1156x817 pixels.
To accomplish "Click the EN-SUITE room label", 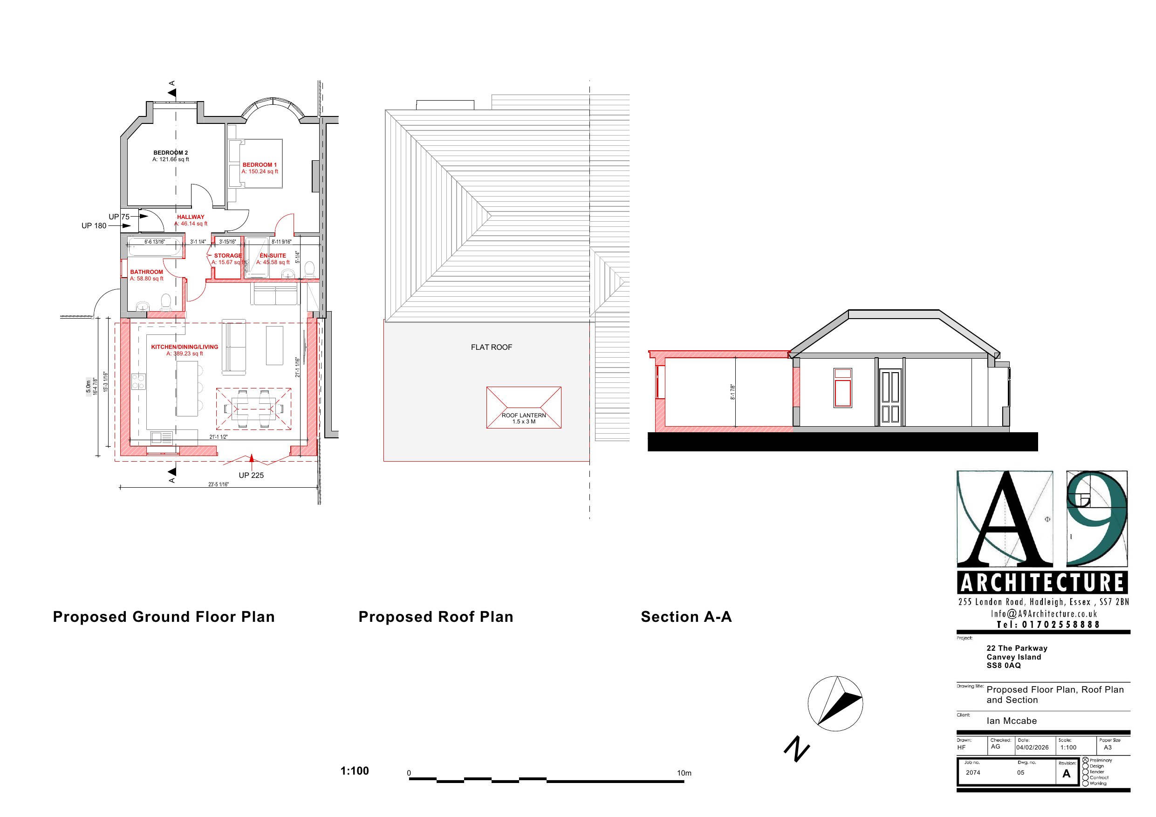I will [273, 256].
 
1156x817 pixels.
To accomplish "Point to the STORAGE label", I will [227, 256].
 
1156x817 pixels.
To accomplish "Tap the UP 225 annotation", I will [251, 476].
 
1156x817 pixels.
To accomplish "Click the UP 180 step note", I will [94, 226].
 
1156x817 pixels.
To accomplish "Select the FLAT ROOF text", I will [492, 347].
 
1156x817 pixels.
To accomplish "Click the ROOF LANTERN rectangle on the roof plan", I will [524, 408].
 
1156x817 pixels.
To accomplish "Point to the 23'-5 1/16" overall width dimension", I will [219, 485].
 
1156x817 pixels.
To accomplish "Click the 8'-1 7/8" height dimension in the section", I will [733, 393].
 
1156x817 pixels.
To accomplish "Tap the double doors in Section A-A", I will [890, 397].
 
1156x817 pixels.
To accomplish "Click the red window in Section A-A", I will [843, 388].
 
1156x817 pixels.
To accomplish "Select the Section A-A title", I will [686, 617].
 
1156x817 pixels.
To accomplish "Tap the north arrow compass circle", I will [835, 704].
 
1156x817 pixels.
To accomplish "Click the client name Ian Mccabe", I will [1012, 721].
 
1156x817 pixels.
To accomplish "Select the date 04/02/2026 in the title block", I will [1032, 748].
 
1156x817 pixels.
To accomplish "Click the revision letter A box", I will [1067, 774].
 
